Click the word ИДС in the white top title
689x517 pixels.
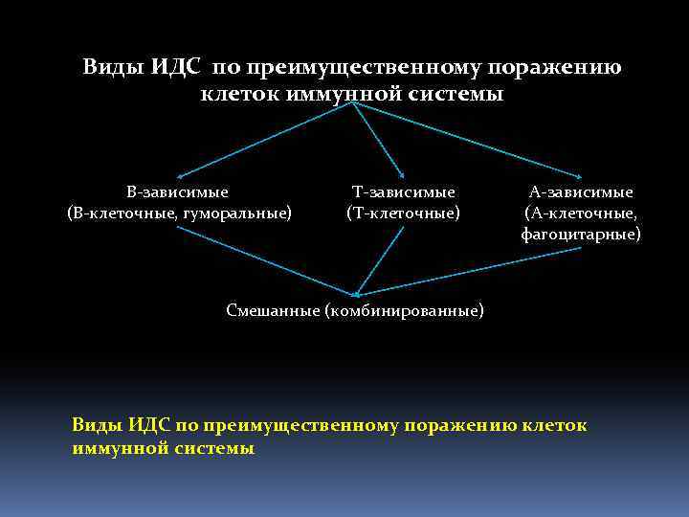[x=176, y=68]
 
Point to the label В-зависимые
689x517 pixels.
[x=179, y=192]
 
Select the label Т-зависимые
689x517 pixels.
[x=403, y=192]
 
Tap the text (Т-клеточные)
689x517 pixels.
[x=403, y=212]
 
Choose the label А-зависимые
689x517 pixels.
[x=581, y=192]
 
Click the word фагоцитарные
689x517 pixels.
[x=581, y=233]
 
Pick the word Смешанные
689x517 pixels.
[x=273, y=310]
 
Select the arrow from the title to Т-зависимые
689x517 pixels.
[x=380, y=140]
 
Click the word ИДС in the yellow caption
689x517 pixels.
[x=150, y=425]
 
